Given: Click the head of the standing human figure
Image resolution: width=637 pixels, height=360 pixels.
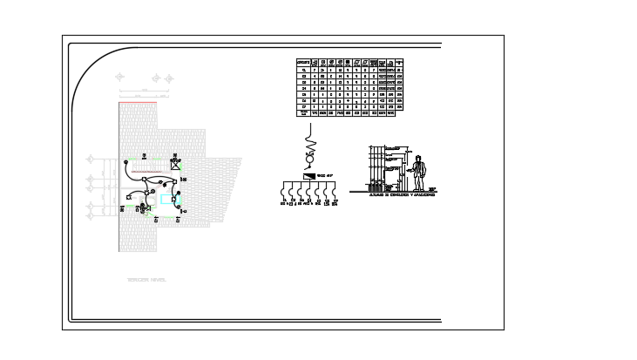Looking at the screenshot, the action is click(418, 158).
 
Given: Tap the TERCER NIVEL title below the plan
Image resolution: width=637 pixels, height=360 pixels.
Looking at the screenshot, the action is click(146, 280).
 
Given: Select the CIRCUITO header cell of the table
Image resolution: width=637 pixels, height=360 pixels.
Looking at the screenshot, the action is click(303, 63).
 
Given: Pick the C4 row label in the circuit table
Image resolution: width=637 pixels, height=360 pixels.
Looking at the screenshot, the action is click(303, 88).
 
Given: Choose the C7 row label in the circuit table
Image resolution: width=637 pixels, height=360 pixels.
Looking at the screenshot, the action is click(303, 106).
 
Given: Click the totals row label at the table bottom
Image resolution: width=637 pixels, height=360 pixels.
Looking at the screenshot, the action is click(303, 112).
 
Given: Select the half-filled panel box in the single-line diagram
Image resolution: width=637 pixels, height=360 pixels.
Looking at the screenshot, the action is click(309, 176).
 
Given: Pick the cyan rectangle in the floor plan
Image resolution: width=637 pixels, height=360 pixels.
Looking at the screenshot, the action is click(167, 199).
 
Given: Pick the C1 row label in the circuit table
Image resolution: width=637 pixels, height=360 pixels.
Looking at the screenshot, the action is click(303, 70).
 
